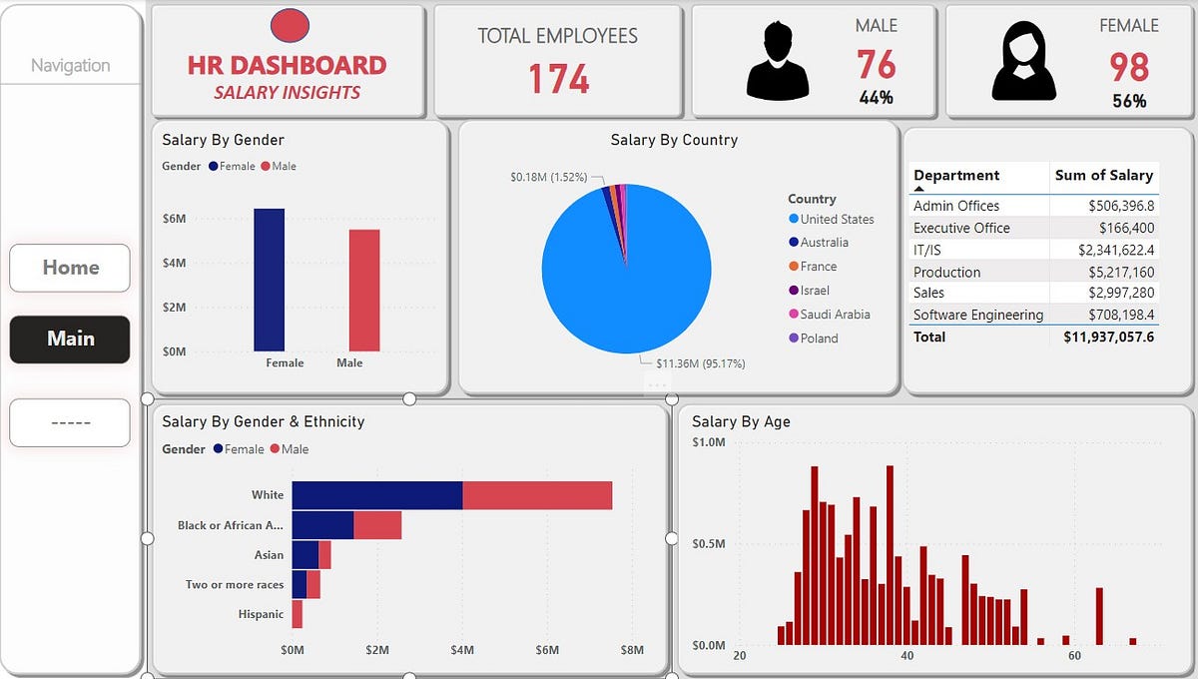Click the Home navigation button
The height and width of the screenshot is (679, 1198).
pyautogui.click(x=70, y=268)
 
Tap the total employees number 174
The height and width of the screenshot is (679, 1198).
pyautogui.click(x=558, y=79)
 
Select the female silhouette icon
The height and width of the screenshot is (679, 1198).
pyautogui.click(x=1023, y=62)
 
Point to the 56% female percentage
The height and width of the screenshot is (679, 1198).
pyautogui.click(x=1129, y=101)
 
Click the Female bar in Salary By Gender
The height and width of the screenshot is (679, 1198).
pyautogui.click(x=270, y=280)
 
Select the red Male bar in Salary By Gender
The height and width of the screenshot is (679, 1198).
pyautogui.click(x=364, y=291)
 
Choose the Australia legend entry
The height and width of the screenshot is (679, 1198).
pyautogui.click(x=824, y=243)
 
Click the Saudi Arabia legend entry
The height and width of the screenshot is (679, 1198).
pyautogui.click(x=835, y=315)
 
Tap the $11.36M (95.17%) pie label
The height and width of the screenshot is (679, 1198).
pyautogui.click(x=700, y=363)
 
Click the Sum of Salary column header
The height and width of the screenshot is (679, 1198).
pyautogui.click(x=1103, y=176)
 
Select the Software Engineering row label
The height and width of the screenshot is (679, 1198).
pyautogui.click(x=977, y=316)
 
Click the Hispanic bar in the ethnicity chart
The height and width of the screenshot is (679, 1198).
pyautogui.click(x=298, y=614)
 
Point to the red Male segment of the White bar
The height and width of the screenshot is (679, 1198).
pyautogui.click(x=537, y=495)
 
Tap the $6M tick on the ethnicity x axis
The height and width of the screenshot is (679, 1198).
pyautogui.click(x=547, y=651)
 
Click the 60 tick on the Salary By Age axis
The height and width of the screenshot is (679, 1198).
pyautogui.click(x=1074, y=656)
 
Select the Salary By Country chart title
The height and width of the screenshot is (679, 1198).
pyautogui.click(x=674, y=140)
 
